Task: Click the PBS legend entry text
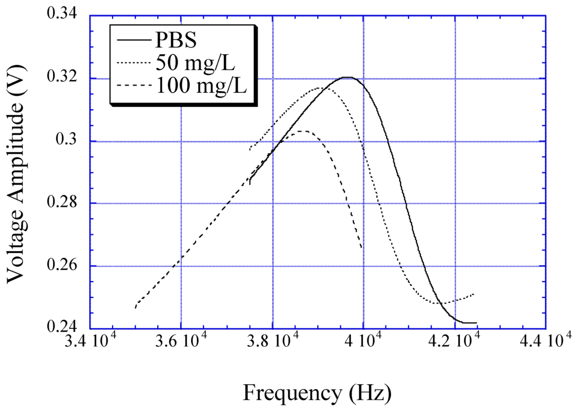click(175, 41)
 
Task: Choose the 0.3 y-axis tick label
click(72, 141)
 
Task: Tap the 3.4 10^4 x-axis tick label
click(91, 342)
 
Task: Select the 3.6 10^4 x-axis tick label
click(182, 342)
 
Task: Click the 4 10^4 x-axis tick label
click(364, 342)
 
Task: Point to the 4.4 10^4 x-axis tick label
click(546, 342)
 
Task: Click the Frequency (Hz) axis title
click(317, 391)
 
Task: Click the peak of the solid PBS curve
click(348, 77)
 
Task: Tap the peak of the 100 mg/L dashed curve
click(303, 131)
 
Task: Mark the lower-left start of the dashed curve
click(136, 307)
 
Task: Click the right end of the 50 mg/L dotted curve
click(473, 294)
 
